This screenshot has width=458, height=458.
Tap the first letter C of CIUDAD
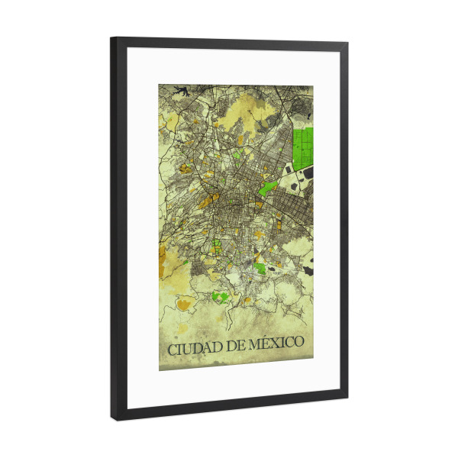[173, 350]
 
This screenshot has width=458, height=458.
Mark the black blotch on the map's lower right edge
[307, 269]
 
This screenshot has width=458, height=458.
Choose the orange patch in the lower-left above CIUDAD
[183, 305]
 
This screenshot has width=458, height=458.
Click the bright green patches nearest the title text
[220, 296]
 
